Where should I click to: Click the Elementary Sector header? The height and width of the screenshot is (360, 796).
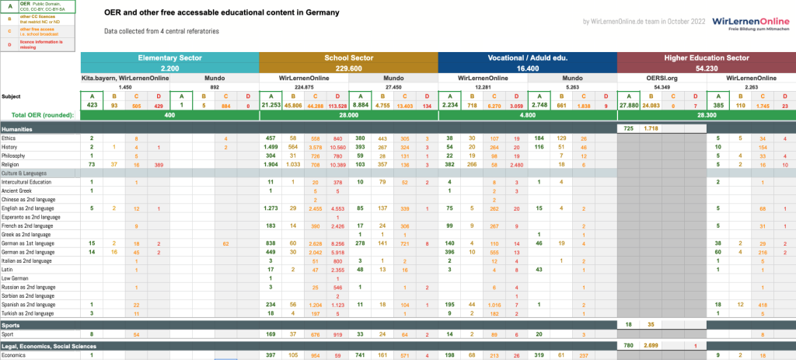point(169,58)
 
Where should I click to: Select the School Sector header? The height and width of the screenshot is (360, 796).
point(348,58)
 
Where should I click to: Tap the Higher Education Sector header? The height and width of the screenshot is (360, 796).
point(706,58)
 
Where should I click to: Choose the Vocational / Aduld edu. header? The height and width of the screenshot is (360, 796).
point(527,58)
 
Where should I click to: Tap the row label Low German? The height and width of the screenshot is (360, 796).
point(16,278)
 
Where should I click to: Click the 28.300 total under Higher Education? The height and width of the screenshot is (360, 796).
point(706,115)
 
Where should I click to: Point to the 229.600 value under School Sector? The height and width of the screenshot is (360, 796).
point(348,68)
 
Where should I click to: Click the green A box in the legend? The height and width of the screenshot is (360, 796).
point(9,8)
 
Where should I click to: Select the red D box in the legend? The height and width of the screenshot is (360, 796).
point(9,44)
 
